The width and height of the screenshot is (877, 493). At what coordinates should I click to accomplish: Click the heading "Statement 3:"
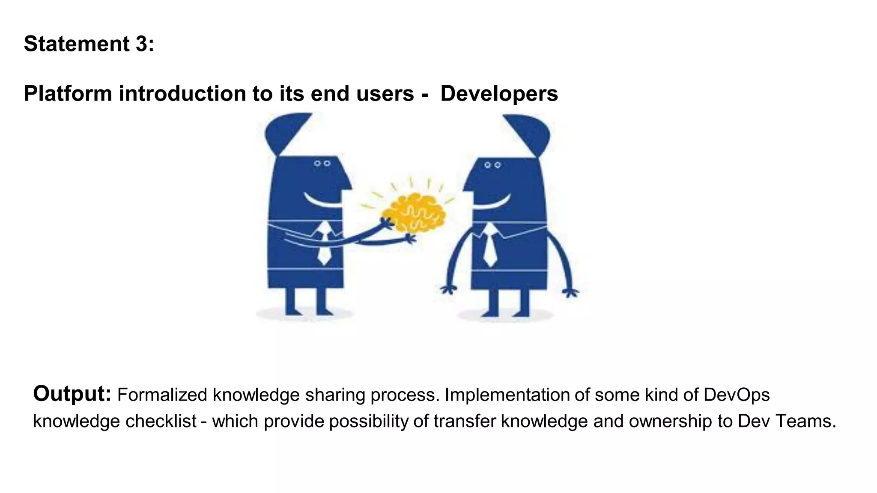(89, 44)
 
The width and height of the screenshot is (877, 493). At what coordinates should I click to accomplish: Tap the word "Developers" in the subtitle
(499, 94)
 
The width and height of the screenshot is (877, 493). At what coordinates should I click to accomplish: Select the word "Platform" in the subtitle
(68, 94)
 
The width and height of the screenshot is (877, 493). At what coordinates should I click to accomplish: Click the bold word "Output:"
(72, 394)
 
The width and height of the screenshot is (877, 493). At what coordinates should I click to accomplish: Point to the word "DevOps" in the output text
(737, 395)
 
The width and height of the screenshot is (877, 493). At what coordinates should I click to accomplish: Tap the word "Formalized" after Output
(162, 395)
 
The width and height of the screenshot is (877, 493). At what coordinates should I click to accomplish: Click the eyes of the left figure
(322, 163)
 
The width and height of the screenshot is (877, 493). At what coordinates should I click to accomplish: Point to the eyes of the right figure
(492, 165)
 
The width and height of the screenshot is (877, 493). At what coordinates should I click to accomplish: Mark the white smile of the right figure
(492, 202)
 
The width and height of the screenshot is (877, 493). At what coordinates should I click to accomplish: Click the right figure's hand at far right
(570, 293)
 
